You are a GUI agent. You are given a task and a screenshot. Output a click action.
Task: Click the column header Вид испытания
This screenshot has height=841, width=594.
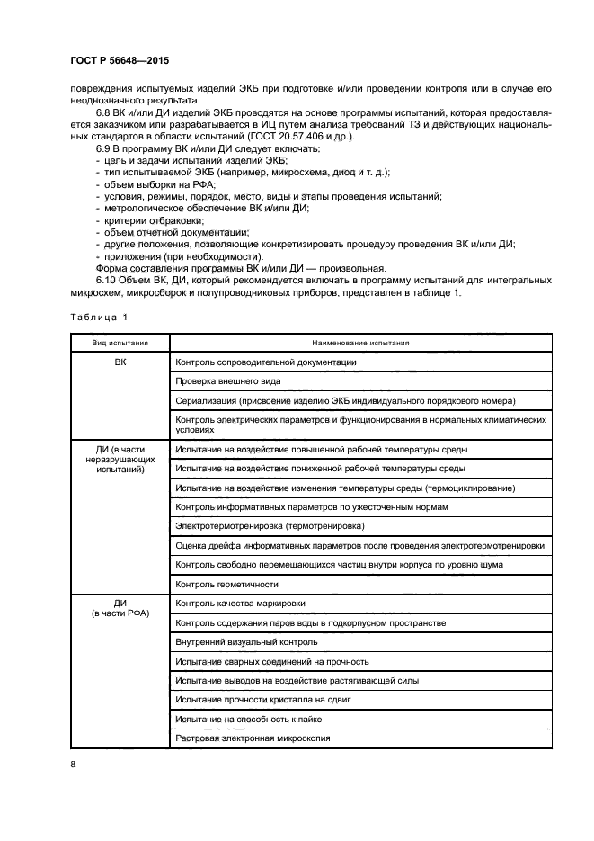click(x=120, y=343)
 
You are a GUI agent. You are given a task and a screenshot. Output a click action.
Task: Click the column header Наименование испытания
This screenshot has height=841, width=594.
click(x=360, y=343)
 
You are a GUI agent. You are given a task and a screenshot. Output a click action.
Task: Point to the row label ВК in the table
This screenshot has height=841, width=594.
click(x=120, y=362)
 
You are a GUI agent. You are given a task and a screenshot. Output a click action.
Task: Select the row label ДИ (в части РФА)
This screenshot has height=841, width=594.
click(x=120, y=608)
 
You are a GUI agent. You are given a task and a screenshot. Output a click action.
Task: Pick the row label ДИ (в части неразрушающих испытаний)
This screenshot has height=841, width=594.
click(x=120, y=459)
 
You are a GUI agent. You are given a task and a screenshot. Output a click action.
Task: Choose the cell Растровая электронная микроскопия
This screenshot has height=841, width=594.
click(x=253, y=738)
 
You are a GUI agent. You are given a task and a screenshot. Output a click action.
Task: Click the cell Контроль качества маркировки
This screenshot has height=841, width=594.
click(x=240, y=603)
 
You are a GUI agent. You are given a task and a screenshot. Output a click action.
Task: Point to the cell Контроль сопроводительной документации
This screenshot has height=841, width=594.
click(x=267, y=362)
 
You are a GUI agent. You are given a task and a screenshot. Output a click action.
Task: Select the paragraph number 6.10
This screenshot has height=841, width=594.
click(x=107, y=280)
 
